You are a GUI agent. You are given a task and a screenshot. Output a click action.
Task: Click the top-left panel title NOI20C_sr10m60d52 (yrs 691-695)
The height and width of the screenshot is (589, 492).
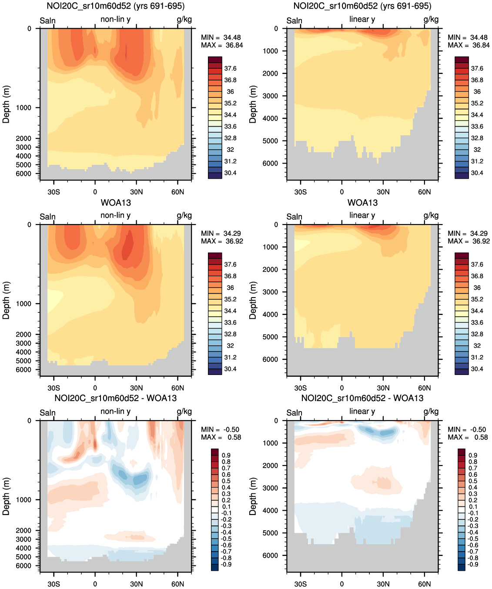pyautogui.click(x=116, y=6)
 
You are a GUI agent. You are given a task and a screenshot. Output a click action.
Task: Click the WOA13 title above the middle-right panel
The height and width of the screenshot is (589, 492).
pyautogui.click(x=362, y=203)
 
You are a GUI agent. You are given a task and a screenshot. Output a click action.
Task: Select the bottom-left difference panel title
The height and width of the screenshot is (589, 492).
pyautogui.click(x=116, y=398)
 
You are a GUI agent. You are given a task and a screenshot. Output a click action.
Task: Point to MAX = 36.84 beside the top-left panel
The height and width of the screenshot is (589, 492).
pyautogui.click(x=222, y=45)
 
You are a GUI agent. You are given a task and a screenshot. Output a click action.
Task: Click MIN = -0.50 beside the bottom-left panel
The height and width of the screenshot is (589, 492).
pyautogui.click(x=220, y=430)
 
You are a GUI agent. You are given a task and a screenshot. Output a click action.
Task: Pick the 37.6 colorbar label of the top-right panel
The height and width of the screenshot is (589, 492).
pyautogui.click(x=477, y=69)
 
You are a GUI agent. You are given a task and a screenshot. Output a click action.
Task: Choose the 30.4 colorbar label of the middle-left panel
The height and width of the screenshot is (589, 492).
pyautogui.click(x=230, y=369)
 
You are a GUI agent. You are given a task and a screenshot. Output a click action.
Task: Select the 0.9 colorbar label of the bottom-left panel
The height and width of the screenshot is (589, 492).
pyautogui.click(x=226, y=455)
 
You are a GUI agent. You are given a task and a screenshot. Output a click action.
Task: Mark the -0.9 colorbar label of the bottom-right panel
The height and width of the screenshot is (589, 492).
pyautogui.click(x=472, y=565)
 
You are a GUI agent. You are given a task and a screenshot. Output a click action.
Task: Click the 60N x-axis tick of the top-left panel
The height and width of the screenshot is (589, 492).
pyautogui.click(x=177, y=192)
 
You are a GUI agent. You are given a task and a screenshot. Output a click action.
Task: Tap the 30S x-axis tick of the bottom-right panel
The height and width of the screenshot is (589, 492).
pyautogui.click(x=300, y=584)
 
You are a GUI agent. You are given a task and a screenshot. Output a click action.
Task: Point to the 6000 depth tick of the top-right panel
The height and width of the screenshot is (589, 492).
pyautogui.click(x=270, y=164)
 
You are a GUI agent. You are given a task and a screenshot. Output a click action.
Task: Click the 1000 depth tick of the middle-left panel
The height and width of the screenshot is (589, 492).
pyautogui.click(x=23, y=304)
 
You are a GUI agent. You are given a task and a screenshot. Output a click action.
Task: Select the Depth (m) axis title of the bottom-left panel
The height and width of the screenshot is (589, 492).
pyautogui.click(x=6, y=496)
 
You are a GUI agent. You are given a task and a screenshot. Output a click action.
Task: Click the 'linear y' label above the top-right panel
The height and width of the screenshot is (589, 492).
pyautogui.click(x=362, y=20)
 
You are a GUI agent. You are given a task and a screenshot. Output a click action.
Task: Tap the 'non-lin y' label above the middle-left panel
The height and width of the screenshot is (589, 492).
pyautogui.click(x=115, y=215)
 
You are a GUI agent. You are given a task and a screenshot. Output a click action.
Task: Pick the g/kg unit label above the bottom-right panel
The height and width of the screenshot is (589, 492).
pyautogui.click(x=431, y=412)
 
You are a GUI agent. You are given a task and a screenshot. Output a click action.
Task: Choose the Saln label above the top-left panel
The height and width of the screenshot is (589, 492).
pyautogui.click(x=47, y=21)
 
